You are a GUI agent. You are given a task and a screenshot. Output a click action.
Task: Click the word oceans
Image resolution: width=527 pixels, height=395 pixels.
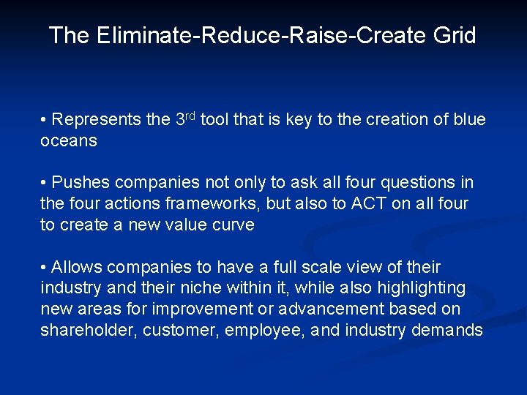pyautogui.click(x=68, y=140)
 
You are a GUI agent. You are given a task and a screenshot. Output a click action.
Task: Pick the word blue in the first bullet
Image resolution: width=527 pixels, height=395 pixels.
pyautogui.click(x=469, y=119)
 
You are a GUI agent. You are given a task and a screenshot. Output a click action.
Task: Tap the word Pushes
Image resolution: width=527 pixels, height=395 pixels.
pyautogui.click(x=81, y=182)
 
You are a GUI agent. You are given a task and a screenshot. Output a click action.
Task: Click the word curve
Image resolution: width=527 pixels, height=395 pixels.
pyautogui.click(x=232, y=225)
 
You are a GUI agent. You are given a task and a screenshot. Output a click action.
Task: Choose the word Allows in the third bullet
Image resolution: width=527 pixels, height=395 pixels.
pyautogui.click(x=78, y=267)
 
